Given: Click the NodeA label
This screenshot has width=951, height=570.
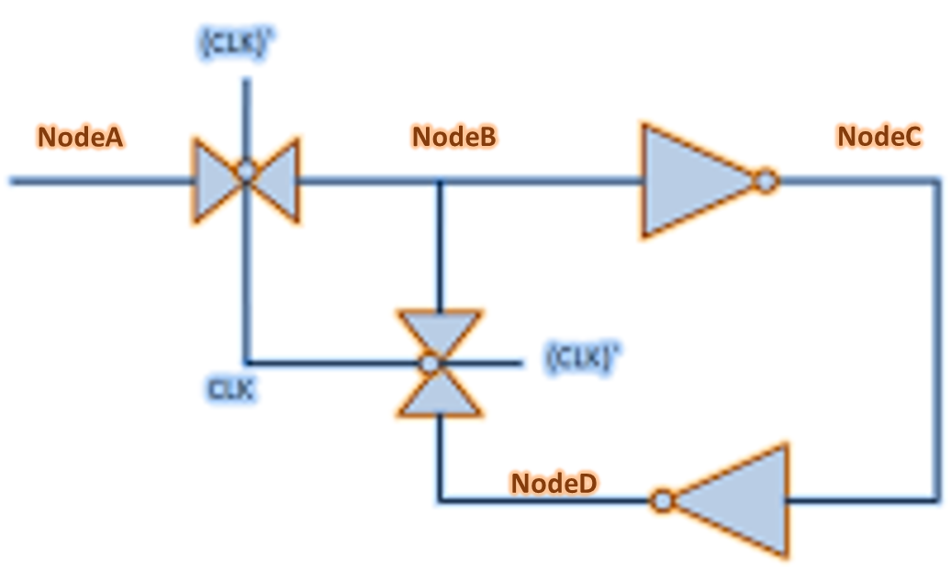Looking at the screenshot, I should pos(80,137).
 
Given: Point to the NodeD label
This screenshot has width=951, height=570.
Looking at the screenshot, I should pos(554,483).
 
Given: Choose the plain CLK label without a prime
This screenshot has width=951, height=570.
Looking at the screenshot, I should pos(230,389).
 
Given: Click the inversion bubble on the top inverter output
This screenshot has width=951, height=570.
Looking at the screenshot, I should pos(766,182).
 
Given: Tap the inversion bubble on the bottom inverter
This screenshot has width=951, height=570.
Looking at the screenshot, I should pos(662,501).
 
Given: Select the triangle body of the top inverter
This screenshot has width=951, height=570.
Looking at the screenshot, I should pos(688,182).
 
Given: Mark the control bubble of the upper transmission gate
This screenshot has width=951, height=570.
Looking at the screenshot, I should pos(245,171).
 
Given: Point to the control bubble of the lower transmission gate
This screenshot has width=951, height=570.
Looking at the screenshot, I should pos(428,363).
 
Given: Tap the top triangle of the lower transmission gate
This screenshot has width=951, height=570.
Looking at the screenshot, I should pos(439,330).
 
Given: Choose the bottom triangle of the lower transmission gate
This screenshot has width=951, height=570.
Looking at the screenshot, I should pos(439,395).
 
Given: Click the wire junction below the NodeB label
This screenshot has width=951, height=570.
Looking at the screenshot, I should pos(440,182).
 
